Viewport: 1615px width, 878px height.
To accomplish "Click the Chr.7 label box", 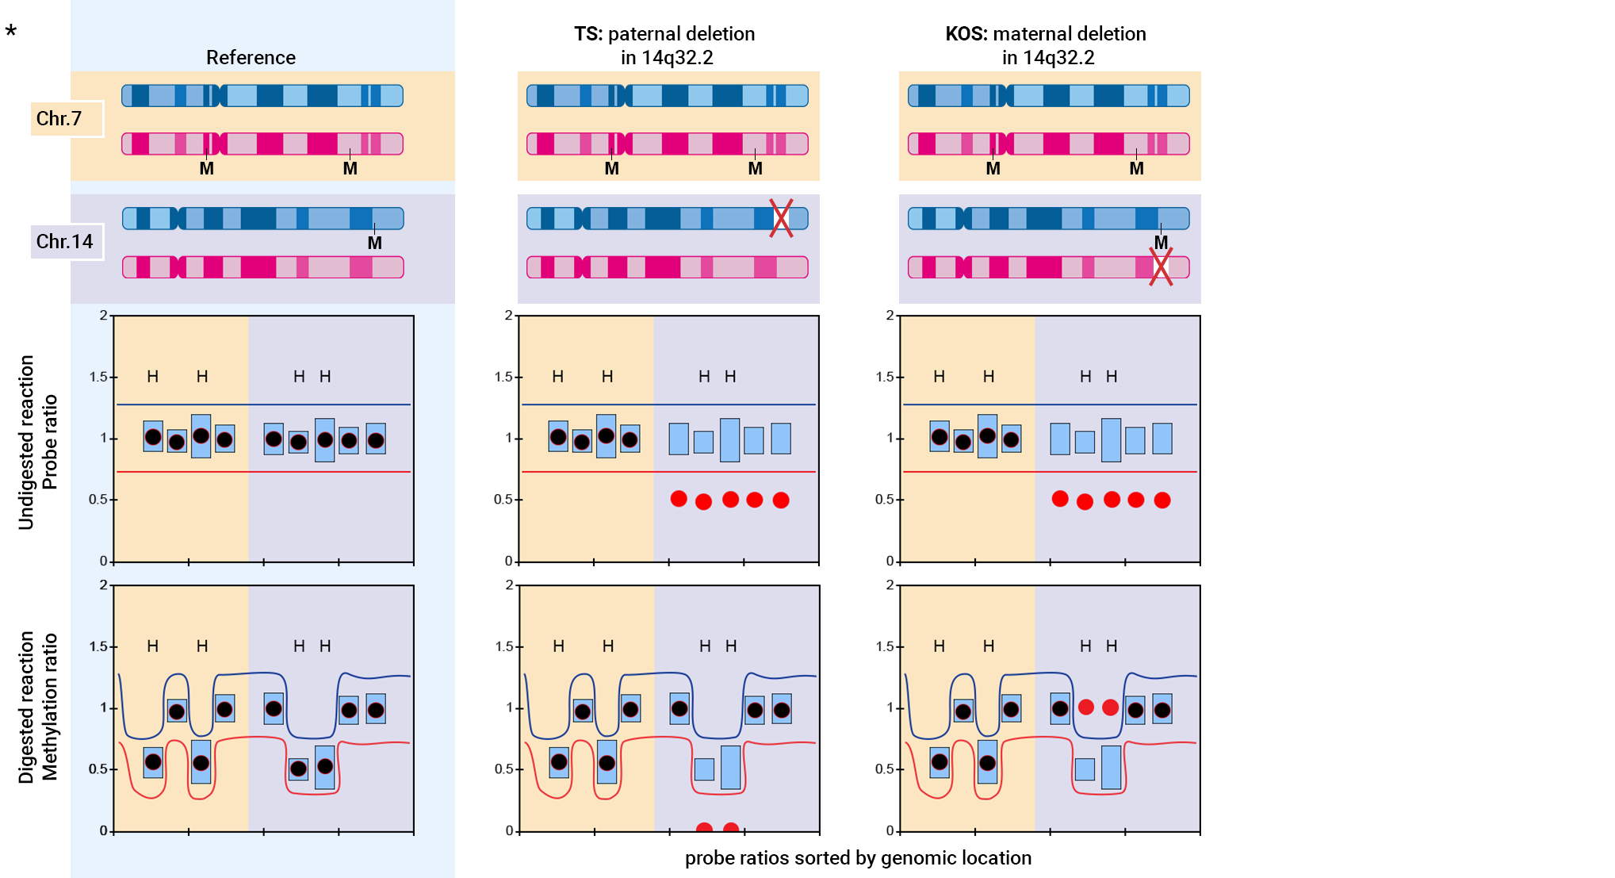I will click(67, 119).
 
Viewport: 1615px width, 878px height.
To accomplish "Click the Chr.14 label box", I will click(67, 242).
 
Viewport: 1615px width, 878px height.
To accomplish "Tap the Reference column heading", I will click(251, 58).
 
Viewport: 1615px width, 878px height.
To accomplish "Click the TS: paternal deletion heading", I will click(664, 45).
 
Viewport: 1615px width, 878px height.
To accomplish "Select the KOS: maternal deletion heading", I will click(1046, 45).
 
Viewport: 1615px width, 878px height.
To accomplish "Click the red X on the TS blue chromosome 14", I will click(781, 218).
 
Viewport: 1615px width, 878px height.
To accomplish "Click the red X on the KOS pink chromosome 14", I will click(1161, 267).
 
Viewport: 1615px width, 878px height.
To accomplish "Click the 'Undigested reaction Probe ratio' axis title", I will click(37, 442).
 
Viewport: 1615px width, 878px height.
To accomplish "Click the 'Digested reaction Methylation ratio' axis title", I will click(37, 707).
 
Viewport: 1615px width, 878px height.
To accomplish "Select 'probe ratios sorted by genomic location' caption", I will click(858, 858).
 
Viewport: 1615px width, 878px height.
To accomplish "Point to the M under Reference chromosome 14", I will click(374, 243).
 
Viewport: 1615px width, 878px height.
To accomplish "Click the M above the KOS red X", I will click(1161, 243).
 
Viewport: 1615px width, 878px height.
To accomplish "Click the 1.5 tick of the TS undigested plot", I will click(503, 377).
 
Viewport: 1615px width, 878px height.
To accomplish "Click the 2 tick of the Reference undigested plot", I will click(103, 316).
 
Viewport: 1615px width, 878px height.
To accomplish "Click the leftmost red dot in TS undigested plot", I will click(679, 499).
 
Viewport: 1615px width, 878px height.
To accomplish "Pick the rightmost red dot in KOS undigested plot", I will click(1162, 500).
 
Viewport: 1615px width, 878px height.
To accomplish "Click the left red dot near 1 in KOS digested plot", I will click(1086, 707).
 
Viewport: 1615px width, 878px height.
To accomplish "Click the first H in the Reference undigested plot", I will click(153, 377).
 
